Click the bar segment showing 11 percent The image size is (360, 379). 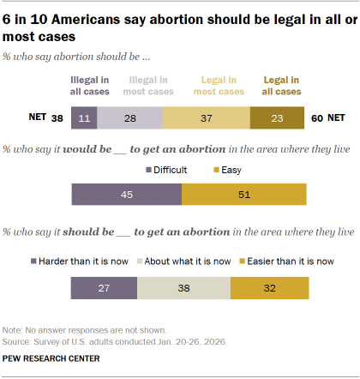(x=83, y=119)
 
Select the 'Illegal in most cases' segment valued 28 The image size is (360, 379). (x=128, y=119)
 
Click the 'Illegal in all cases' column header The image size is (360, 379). (x=83, y=85)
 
